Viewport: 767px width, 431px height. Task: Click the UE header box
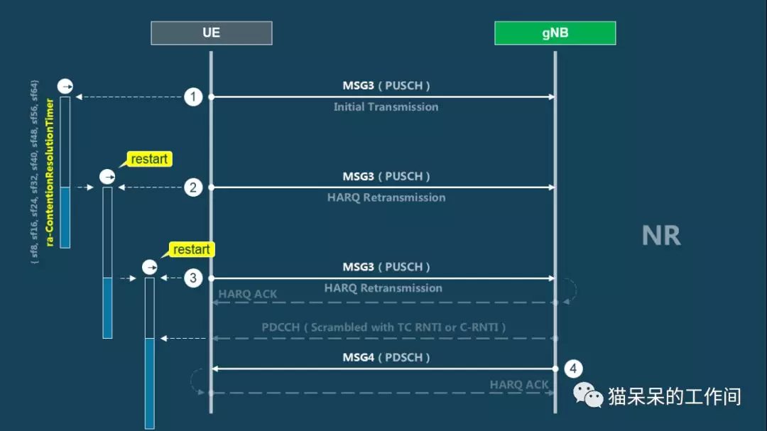pos(212,33)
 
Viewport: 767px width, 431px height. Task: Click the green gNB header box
pos(555,33)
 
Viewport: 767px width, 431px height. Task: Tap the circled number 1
pos(193,97)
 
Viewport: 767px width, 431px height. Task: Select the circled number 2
pos(193,187)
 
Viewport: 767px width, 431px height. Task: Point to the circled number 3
pos(193,278)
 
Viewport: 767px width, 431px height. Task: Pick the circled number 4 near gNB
pos(573,369)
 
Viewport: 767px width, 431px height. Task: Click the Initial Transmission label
pos(386,107)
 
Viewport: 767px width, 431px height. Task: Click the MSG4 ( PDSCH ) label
pos(386,357)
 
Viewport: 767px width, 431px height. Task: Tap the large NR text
pos(661,235)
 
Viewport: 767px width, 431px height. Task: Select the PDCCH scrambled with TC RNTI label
pos(383,327)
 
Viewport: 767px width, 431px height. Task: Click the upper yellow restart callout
pos(148,159)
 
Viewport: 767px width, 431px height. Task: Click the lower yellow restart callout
pos(191,249)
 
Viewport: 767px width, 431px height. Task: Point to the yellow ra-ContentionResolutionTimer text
pos(50,173)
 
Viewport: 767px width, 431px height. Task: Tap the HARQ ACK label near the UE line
pos(248,294)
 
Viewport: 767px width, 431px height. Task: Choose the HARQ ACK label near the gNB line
pos(519,385)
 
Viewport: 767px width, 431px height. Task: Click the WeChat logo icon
pos(587,395)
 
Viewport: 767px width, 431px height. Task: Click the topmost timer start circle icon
pos(65,86)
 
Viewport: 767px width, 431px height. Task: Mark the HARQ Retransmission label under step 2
pos(386,197)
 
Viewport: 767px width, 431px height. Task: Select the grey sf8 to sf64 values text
pos(34,173)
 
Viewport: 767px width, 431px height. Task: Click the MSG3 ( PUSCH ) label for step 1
pos(386,86)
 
